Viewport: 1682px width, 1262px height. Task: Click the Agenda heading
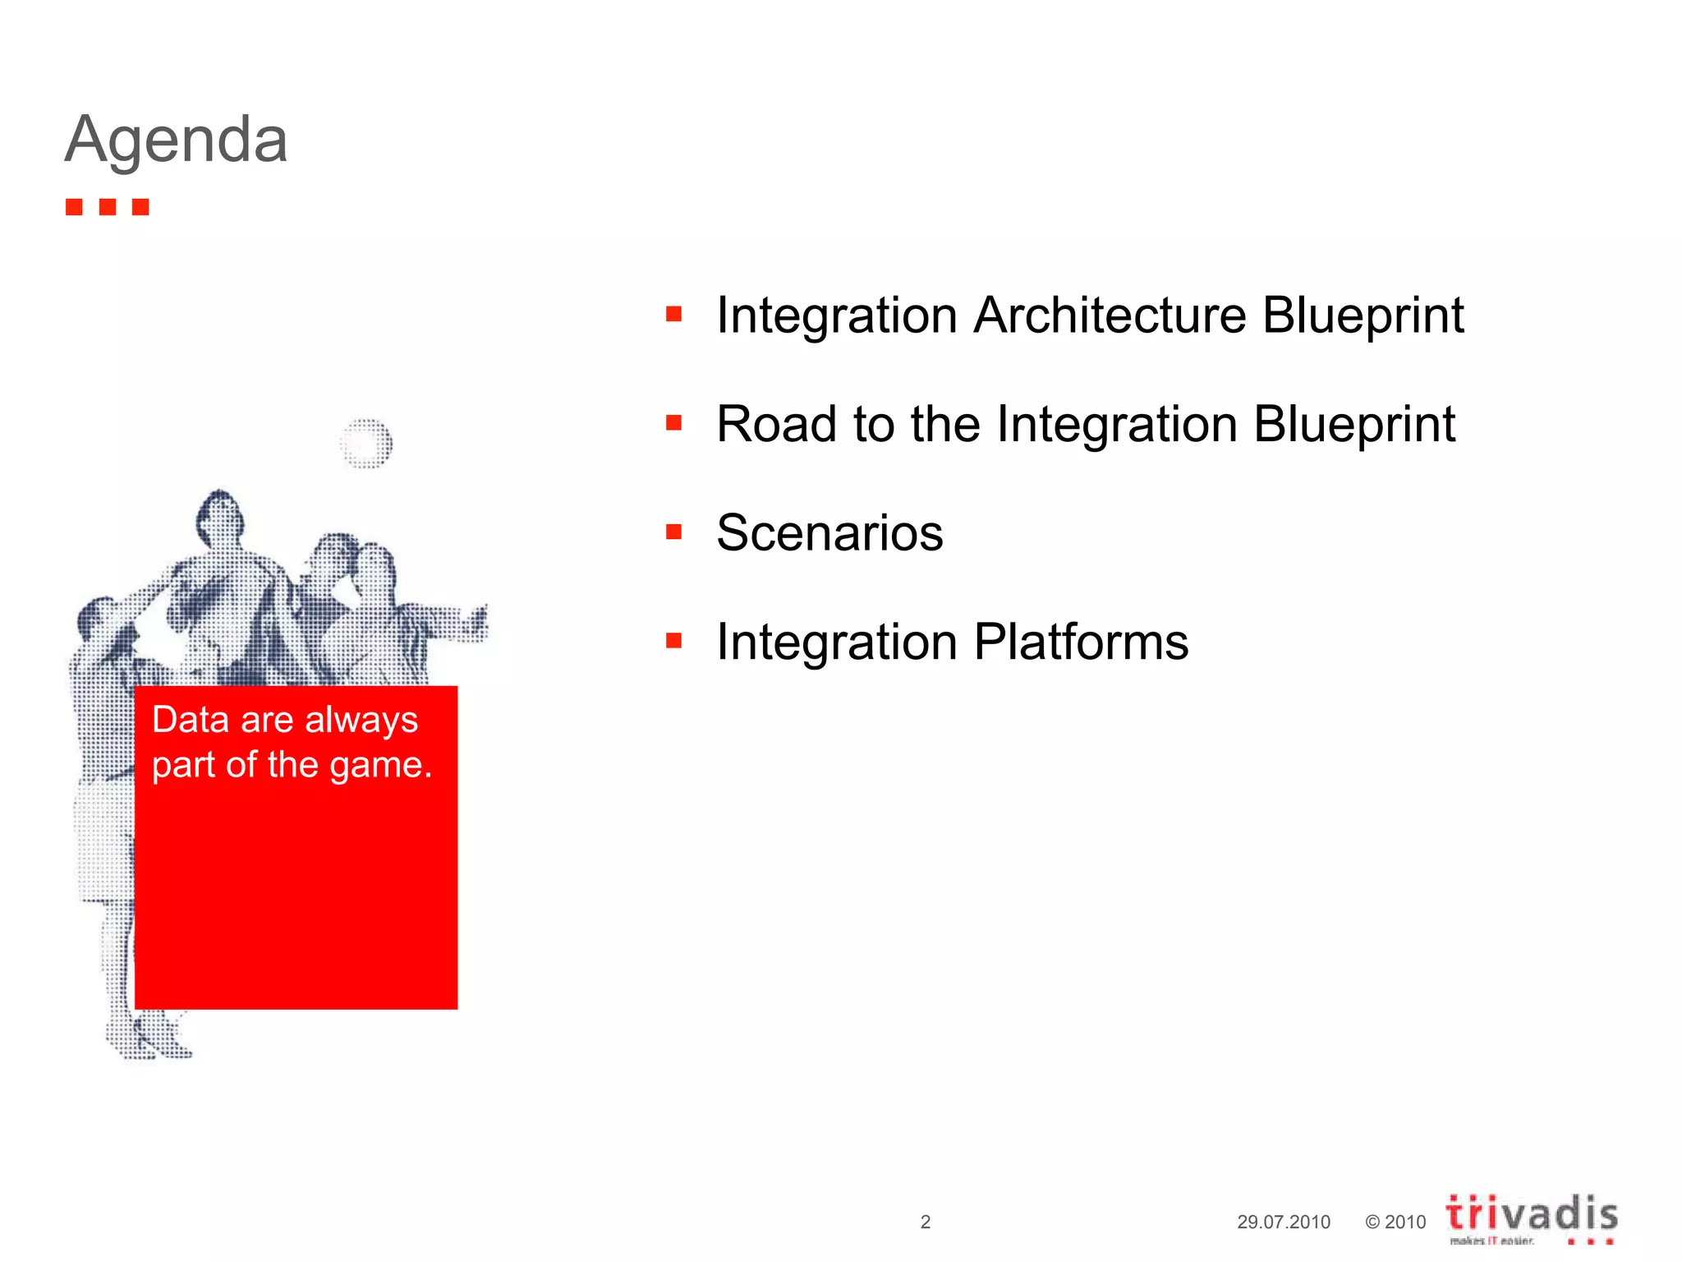(x=177, y=140)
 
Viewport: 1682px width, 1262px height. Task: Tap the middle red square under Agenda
(x=108, y=206)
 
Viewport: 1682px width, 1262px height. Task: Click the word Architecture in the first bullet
(x=1110, y=315)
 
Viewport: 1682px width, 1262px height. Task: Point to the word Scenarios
(x=830, y=533)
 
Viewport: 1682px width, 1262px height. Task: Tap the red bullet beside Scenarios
(x=674, y=532)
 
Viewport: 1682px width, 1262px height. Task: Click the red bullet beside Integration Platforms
(x=674, y=641)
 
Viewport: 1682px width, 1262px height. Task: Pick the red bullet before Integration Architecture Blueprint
(x=674, y=315)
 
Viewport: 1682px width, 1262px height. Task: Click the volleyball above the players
(x=366, y=444)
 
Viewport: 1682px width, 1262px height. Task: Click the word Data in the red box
(x=191, y=720)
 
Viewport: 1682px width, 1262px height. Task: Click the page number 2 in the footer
(x=926, y=1222)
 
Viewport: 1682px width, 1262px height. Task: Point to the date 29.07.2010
(x=1283, y=1222)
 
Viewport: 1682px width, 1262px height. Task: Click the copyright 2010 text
(x=1395, y=1222)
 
